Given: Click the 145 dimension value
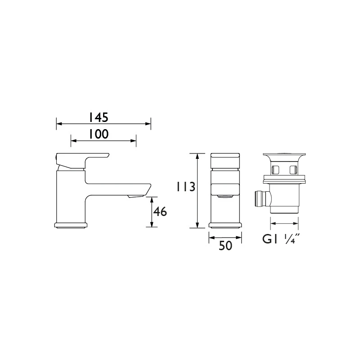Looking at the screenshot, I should [98, 117].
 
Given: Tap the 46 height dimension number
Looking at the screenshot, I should [160, 211].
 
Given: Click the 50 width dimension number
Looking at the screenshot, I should [225, 246].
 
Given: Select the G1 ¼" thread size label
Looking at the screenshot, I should [281, 239].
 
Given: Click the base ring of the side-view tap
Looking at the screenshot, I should [71, 225].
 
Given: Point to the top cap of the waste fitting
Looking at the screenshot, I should [284, 157].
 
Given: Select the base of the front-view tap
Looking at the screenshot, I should [225, 225].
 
